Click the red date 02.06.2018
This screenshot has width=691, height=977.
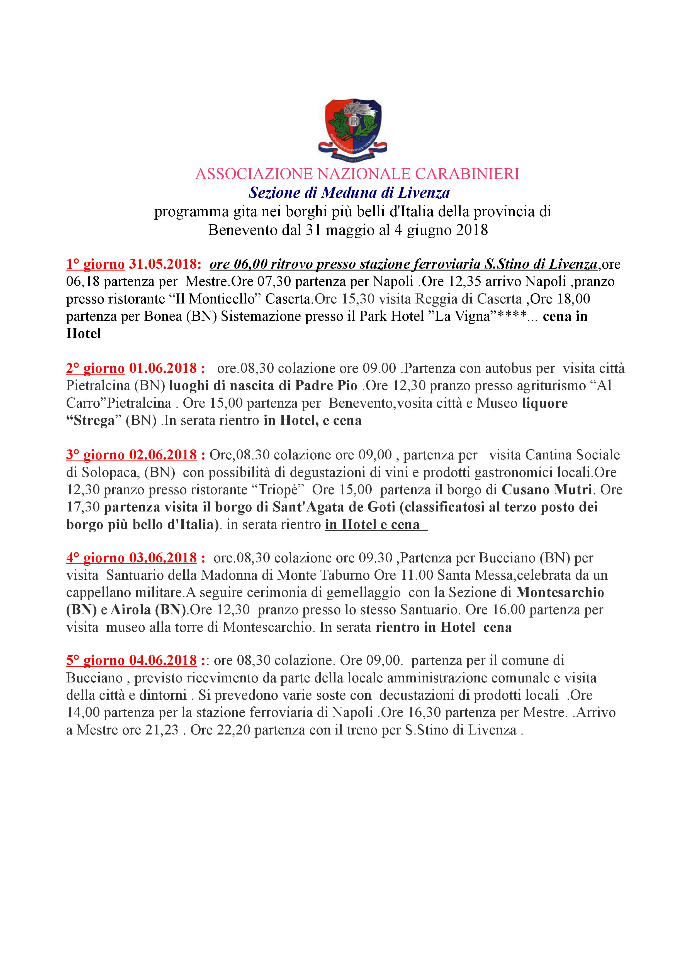pos(163,455)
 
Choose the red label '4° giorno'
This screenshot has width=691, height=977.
pos(95,558)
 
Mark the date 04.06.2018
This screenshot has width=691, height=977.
pos(163,660)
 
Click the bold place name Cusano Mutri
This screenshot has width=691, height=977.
pos(547,490)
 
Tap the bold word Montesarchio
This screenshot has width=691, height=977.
pos(560,593)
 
